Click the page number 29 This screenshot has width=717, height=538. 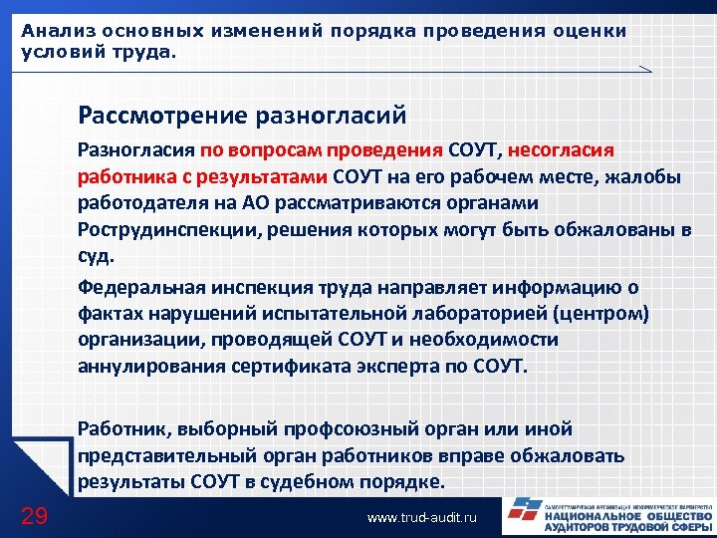point(34,515)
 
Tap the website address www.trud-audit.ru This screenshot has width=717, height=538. point(423,518)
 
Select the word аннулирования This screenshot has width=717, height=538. point(148,366)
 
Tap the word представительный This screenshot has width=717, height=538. point(165,456)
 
